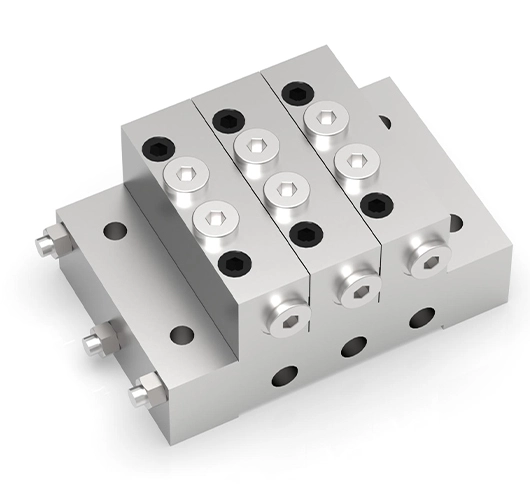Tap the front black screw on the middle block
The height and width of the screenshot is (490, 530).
(x=303, y=233)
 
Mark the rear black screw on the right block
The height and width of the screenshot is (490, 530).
(x=292, y=93)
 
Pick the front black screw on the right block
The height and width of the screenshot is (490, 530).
(x=375, y=204)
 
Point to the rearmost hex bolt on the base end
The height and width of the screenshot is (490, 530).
(x=47, y=241)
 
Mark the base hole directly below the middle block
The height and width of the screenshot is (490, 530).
(x=351, y=348)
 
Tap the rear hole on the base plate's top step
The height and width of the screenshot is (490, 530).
(x=113, y=231)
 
